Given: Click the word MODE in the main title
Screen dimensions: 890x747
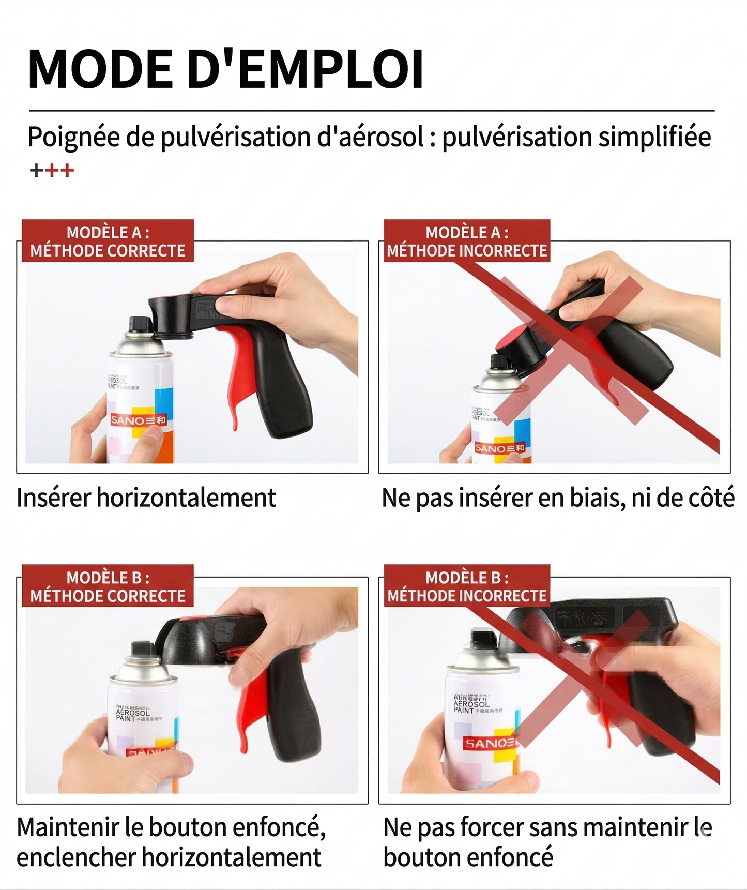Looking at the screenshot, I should pos(101,70).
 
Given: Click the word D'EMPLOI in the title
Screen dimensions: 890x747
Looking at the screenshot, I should pos(305,70).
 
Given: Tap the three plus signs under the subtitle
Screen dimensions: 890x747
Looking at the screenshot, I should pos(52,170).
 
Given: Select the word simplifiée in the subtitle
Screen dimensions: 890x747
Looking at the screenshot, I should pos(654,137).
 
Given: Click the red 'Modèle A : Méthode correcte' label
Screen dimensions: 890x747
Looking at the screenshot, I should pos(108,241).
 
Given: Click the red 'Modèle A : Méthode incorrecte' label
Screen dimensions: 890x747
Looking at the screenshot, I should pos(467,241).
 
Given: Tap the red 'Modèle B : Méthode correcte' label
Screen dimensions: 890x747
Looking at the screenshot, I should pos(108,586).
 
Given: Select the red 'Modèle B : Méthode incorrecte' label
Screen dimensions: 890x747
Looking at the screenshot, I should pos(467,586).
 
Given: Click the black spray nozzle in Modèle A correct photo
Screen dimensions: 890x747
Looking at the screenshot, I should pos(139,324).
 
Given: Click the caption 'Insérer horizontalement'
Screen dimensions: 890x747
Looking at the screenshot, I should pos(146,498).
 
